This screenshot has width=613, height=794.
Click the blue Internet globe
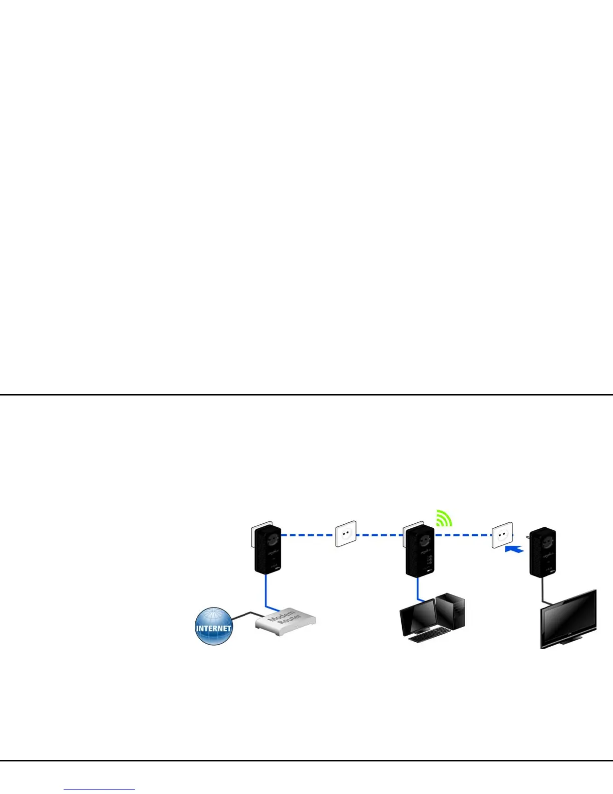[214, 626]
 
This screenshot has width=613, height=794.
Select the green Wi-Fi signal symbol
[443, 518]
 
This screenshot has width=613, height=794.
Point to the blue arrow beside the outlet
[514, 549]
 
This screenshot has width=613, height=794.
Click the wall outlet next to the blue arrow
[502, 535]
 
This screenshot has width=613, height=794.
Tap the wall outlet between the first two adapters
[346, 534]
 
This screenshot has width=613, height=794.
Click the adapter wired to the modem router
[267, 549]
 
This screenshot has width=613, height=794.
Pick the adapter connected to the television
[543, 552]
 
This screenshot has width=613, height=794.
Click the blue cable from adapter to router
[266, 591]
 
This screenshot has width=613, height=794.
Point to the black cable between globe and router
[243, 615]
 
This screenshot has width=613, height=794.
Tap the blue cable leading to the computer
[418, 589]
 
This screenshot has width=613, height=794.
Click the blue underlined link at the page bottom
[99, 789]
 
